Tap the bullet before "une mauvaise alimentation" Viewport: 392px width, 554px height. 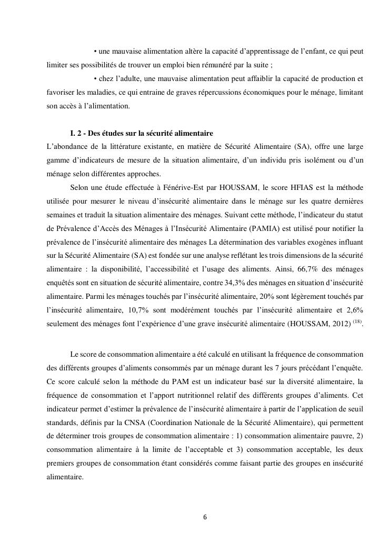tap(95, 52)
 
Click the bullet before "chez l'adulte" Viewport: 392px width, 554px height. tap(95, 79)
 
